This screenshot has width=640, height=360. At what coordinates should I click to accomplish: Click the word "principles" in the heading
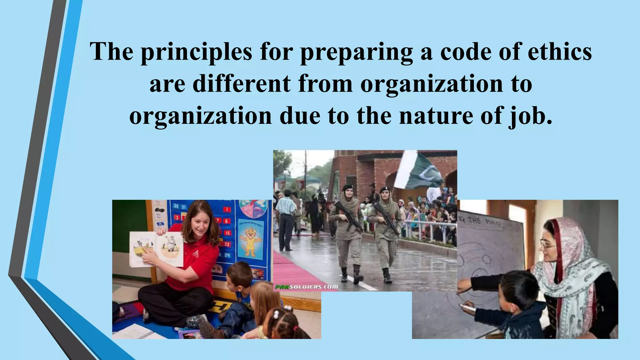[196, 52]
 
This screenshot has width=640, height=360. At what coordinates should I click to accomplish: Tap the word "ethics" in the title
[560, 52]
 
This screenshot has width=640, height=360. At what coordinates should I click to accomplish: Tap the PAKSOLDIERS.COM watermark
[306, 287]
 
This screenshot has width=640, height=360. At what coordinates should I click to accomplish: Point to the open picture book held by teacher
[156, 249]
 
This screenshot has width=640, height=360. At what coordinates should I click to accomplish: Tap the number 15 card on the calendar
[227, 233]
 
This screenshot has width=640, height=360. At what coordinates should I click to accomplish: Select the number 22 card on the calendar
[227, 244]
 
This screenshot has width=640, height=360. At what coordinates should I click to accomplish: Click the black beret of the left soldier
[347, 187]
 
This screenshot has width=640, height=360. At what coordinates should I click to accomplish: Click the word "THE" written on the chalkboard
[475, 221]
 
